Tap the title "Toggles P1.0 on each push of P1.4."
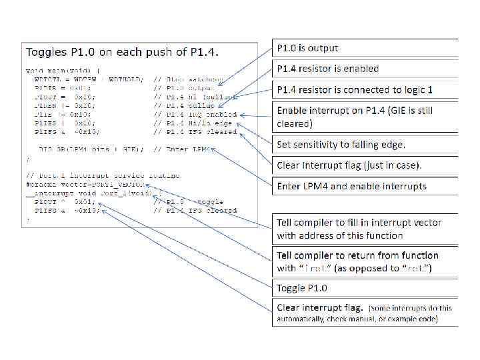pyautogui.click(x=123, y=51)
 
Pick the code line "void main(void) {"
pyautogui.click(x=64, y=70)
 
